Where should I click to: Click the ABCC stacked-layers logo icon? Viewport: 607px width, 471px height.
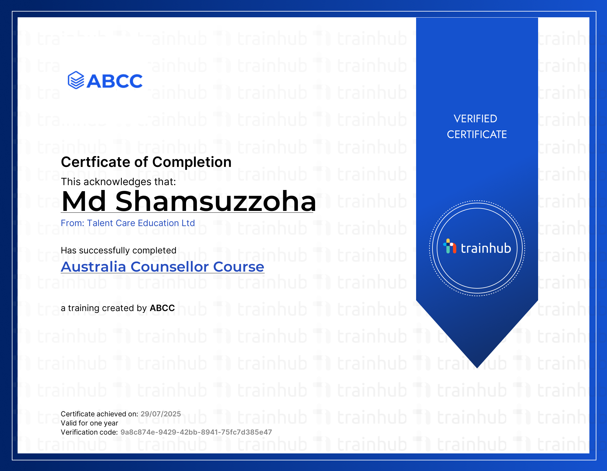tap(76, 80)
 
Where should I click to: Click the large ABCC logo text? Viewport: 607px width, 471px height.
tap(115, 81)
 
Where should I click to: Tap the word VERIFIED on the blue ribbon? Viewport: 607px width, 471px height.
tap(475, 119)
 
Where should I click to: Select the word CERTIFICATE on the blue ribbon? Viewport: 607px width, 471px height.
tap(477, 134)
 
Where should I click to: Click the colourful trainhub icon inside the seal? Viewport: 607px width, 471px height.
tap(450, 246)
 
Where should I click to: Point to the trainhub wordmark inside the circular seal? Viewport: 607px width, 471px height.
tap(486, 248)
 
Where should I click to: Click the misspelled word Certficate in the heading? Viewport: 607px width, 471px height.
tap(96, 162)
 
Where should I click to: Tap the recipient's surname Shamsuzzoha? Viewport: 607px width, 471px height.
tap(216, 201)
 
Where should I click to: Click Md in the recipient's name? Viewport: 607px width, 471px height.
tap(84, 201)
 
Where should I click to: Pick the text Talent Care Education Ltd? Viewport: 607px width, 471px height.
tap(141, 223)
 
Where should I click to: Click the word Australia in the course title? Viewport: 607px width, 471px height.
tap(93, 267)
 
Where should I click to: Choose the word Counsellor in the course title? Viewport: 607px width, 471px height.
tap(170, 267)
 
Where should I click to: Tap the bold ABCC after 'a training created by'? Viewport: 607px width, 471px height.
tap(162, 308)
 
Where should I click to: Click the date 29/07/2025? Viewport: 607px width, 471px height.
tap(161, 414)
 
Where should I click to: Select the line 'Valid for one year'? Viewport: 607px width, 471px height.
tap(89, 423)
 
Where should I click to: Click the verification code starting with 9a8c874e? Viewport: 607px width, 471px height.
tap(196, 432)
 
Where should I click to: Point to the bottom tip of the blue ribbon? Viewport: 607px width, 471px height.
tap(477, 368)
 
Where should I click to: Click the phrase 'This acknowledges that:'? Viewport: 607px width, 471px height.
tap(118, 182)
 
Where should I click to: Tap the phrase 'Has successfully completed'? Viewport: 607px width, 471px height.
tap(118, 250)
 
